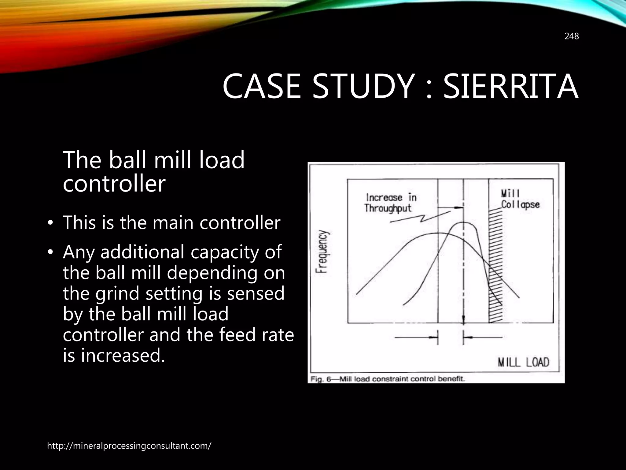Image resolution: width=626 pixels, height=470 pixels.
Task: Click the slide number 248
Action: [571, 36]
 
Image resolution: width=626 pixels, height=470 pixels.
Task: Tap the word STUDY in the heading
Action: [362, 87]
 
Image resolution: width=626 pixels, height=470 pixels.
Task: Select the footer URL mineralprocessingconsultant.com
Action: [129, 446]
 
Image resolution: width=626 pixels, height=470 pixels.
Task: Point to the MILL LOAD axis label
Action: [523, 363]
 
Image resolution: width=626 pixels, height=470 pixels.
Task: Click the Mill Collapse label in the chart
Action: [520, 199]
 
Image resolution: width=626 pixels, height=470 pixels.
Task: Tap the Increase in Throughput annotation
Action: [390, 203]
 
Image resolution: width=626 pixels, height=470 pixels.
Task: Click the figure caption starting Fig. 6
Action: [387, 379]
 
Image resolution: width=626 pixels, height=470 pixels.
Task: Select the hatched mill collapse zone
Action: [495, 266]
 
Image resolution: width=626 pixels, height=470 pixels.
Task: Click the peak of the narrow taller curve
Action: [464, 223]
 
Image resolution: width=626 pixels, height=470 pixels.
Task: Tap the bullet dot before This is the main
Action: [50, 223]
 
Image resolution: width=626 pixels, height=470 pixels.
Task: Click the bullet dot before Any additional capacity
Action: [50, 252]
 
